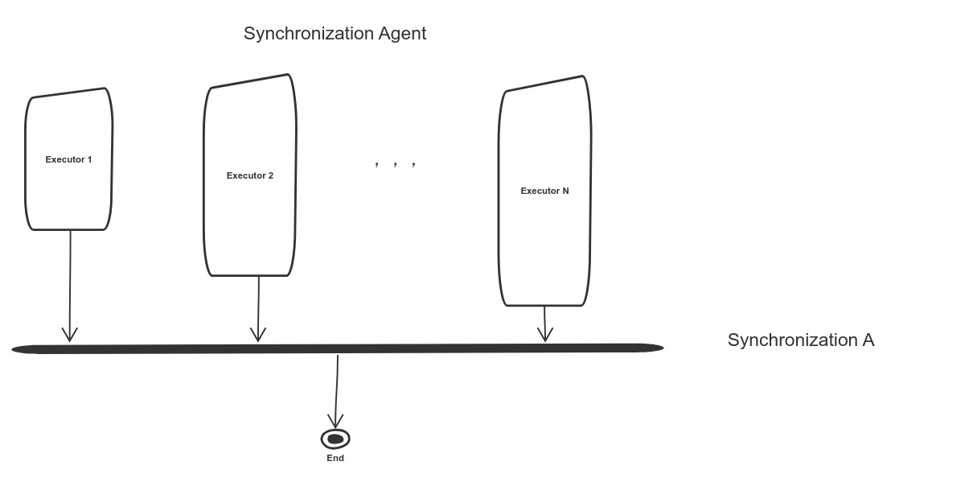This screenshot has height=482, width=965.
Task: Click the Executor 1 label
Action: [68, 159]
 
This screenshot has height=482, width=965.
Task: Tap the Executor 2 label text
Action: [249, 175]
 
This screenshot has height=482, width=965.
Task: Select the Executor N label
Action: [544, 191]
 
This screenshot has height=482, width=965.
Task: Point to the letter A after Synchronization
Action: [868, 340]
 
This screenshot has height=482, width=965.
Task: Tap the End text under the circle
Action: [335, 458]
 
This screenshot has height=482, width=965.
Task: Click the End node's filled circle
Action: [335, 439]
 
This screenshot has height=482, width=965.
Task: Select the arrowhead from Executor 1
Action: [70, 334]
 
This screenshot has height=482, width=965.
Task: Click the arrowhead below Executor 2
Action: [258, 334]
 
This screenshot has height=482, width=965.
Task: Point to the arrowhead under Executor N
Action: [545, 335]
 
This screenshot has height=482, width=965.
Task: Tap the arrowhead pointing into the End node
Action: [335, 421]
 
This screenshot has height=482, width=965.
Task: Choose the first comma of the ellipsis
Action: [377, 164]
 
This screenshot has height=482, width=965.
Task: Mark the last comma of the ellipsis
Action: [414, 164]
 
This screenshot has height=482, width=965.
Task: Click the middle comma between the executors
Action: [396, 164]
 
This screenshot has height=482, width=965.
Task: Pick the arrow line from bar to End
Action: [337, 386]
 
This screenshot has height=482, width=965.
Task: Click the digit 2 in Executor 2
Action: [270, 175]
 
